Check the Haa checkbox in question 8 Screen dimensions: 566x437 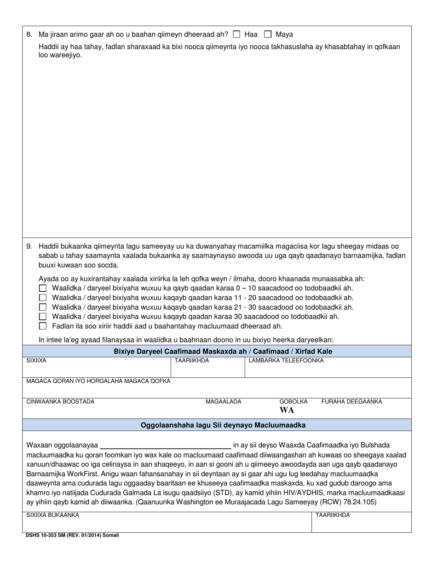pos(236,34)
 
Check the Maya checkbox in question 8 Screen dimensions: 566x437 pos(268,34)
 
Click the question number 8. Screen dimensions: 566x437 pos(29,35)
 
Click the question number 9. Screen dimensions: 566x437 pos(29,246)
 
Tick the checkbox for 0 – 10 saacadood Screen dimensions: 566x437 pos(43,288)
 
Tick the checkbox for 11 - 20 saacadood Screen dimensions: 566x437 pos(43,298)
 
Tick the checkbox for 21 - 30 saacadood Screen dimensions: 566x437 pos(43,307)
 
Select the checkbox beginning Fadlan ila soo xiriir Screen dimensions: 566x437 pos(43,326)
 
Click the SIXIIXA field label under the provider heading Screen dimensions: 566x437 pos(36,361)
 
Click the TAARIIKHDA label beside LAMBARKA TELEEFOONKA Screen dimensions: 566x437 pos(192,361)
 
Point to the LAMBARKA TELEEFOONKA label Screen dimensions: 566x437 pos(286,361)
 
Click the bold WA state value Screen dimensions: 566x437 pos(287,410)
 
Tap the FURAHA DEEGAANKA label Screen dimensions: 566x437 pos(351,402)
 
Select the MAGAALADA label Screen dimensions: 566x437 pos(223,402)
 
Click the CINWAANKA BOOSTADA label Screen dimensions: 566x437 pos(60,402)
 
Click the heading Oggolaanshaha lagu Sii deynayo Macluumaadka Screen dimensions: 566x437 pos(223,425)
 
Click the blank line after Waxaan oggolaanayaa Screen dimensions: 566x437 pos(166,445)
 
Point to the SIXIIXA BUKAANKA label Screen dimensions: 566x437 pos(52,515)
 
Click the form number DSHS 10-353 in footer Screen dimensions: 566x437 pos(44,536)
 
